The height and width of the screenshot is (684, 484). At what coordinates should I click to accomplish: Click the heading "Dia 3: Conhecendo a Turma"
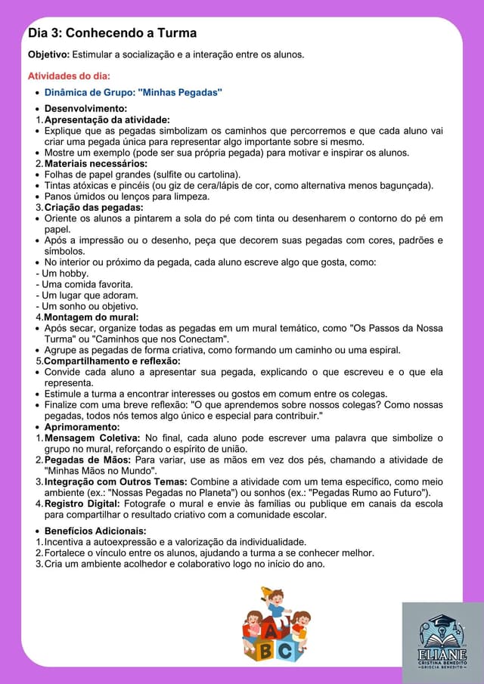tap(112, 33)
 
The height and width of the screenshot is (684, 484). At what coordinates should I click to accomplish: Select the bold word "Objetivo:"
tap(48, 54)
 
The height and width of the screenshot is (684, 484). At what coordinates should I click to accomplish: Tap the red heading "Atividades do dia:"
tap(69, 76)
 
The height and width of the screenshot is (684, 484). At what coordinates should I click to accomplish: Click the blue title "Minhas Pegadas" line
tap(133, 93)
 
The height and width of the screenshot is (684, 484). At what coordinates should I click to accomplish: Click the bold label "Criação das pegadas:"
tap(94, 207)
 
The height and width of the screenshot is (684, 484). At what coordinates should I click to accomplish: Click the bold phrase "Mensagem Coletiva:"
tap(92, 438)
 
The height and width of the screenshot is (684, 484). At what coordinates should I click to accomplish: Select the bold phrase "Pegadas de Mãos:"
tap(88, 460)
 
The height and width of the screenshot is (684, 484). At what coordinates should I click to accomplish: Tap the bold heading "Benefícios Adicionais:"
tap(95, 531)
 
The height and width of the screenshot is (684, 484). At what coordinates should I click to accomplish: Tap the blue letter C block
tap(285, 649)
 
